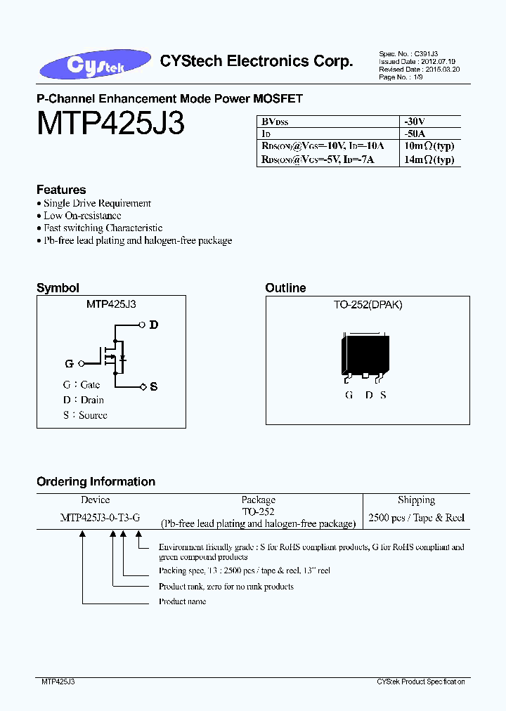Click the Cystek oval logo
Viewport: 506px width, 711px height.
pos(96,64)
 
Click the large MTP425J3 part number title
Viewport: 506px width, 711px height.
pos(111,124)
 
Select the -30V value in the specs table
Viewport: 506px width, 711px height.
pos(415,120)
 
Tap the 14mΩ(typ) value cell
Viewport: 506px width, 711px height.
pos(429,159)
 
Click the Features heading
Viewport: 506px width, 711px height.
pos(61,190)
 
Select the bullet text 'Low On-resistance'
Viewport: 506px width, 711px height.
pos(82,216)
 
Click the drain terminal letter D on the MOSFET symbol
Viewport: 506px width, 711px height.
pos(154,325)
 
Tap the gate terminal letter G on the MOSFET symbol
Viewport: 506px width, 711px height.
pos(70,364)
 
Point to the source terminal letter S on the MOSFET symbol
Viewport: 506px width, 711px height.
pos(154,387)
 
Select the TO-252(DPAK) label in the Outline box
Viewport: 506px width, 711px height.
pos(368,305)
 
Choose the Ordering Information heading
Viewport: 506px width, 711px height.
pos(96,482)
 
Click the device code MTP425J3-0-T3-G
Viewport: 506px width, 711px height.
pos(100,518)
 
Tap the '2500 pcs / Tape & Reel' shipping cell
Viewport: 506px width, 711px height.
pos(416,518)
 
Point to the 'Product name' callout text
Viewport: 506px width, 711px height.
pos(182,601)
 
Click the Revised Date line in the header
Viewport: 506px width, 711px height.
pos(420,70)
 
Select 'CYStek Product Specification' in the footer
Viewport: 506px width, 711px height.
pos(421,681)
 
